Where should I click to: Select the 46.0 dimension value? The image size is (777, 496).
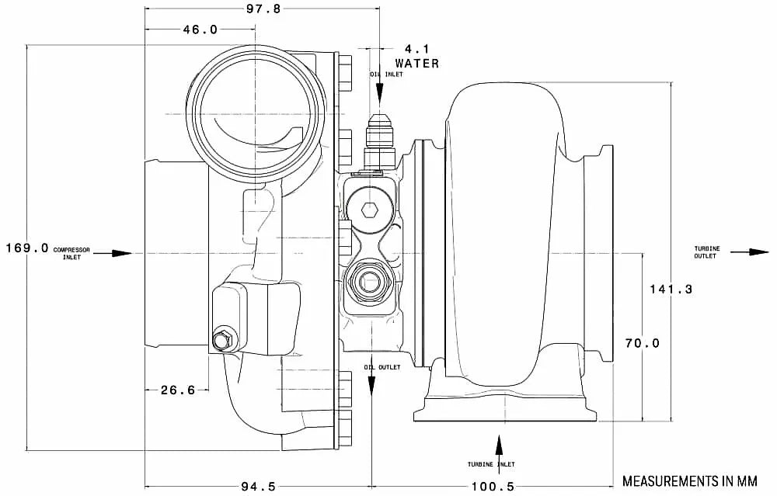pyautogui.click(x=200, y=29)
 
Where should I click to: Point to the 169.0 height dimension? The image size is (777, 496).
pyautogui.click(x=26, y=248)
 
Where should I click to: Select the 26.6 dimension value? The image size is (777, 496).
pyautogui.click(x=178, y=390)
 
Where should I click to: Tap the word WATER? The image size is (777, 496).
pyautogui.click(x=416, y=63)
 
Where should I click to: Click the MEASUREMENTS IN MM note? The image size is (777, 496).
pyautogui.click(x=689, y=480)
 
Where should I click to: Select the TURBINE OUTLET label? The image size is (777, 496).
pyautogui.click(x=707, y=252)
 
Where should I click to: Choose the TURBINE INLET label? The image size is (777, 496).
pyautogui.click(x=491, y=463)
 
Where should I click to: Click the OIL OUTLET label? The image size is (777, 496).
pyautogui.click(x=382, y=367)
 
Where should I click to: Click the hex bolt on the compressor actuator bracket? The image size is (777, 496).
pyautogui.click(x=221, y=340)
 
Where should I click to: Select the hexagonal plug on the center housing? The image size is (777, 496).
pyautogui.click(x=370, y=209)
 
